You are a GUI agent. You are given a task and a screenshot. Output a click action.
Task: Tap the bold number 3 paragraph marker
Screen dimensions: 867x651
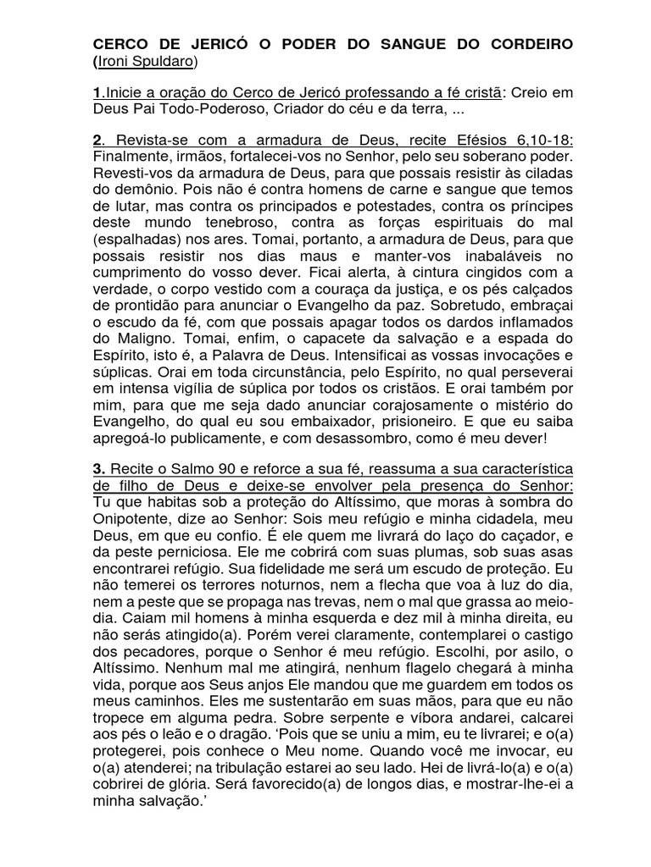(x=98, y=468)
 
